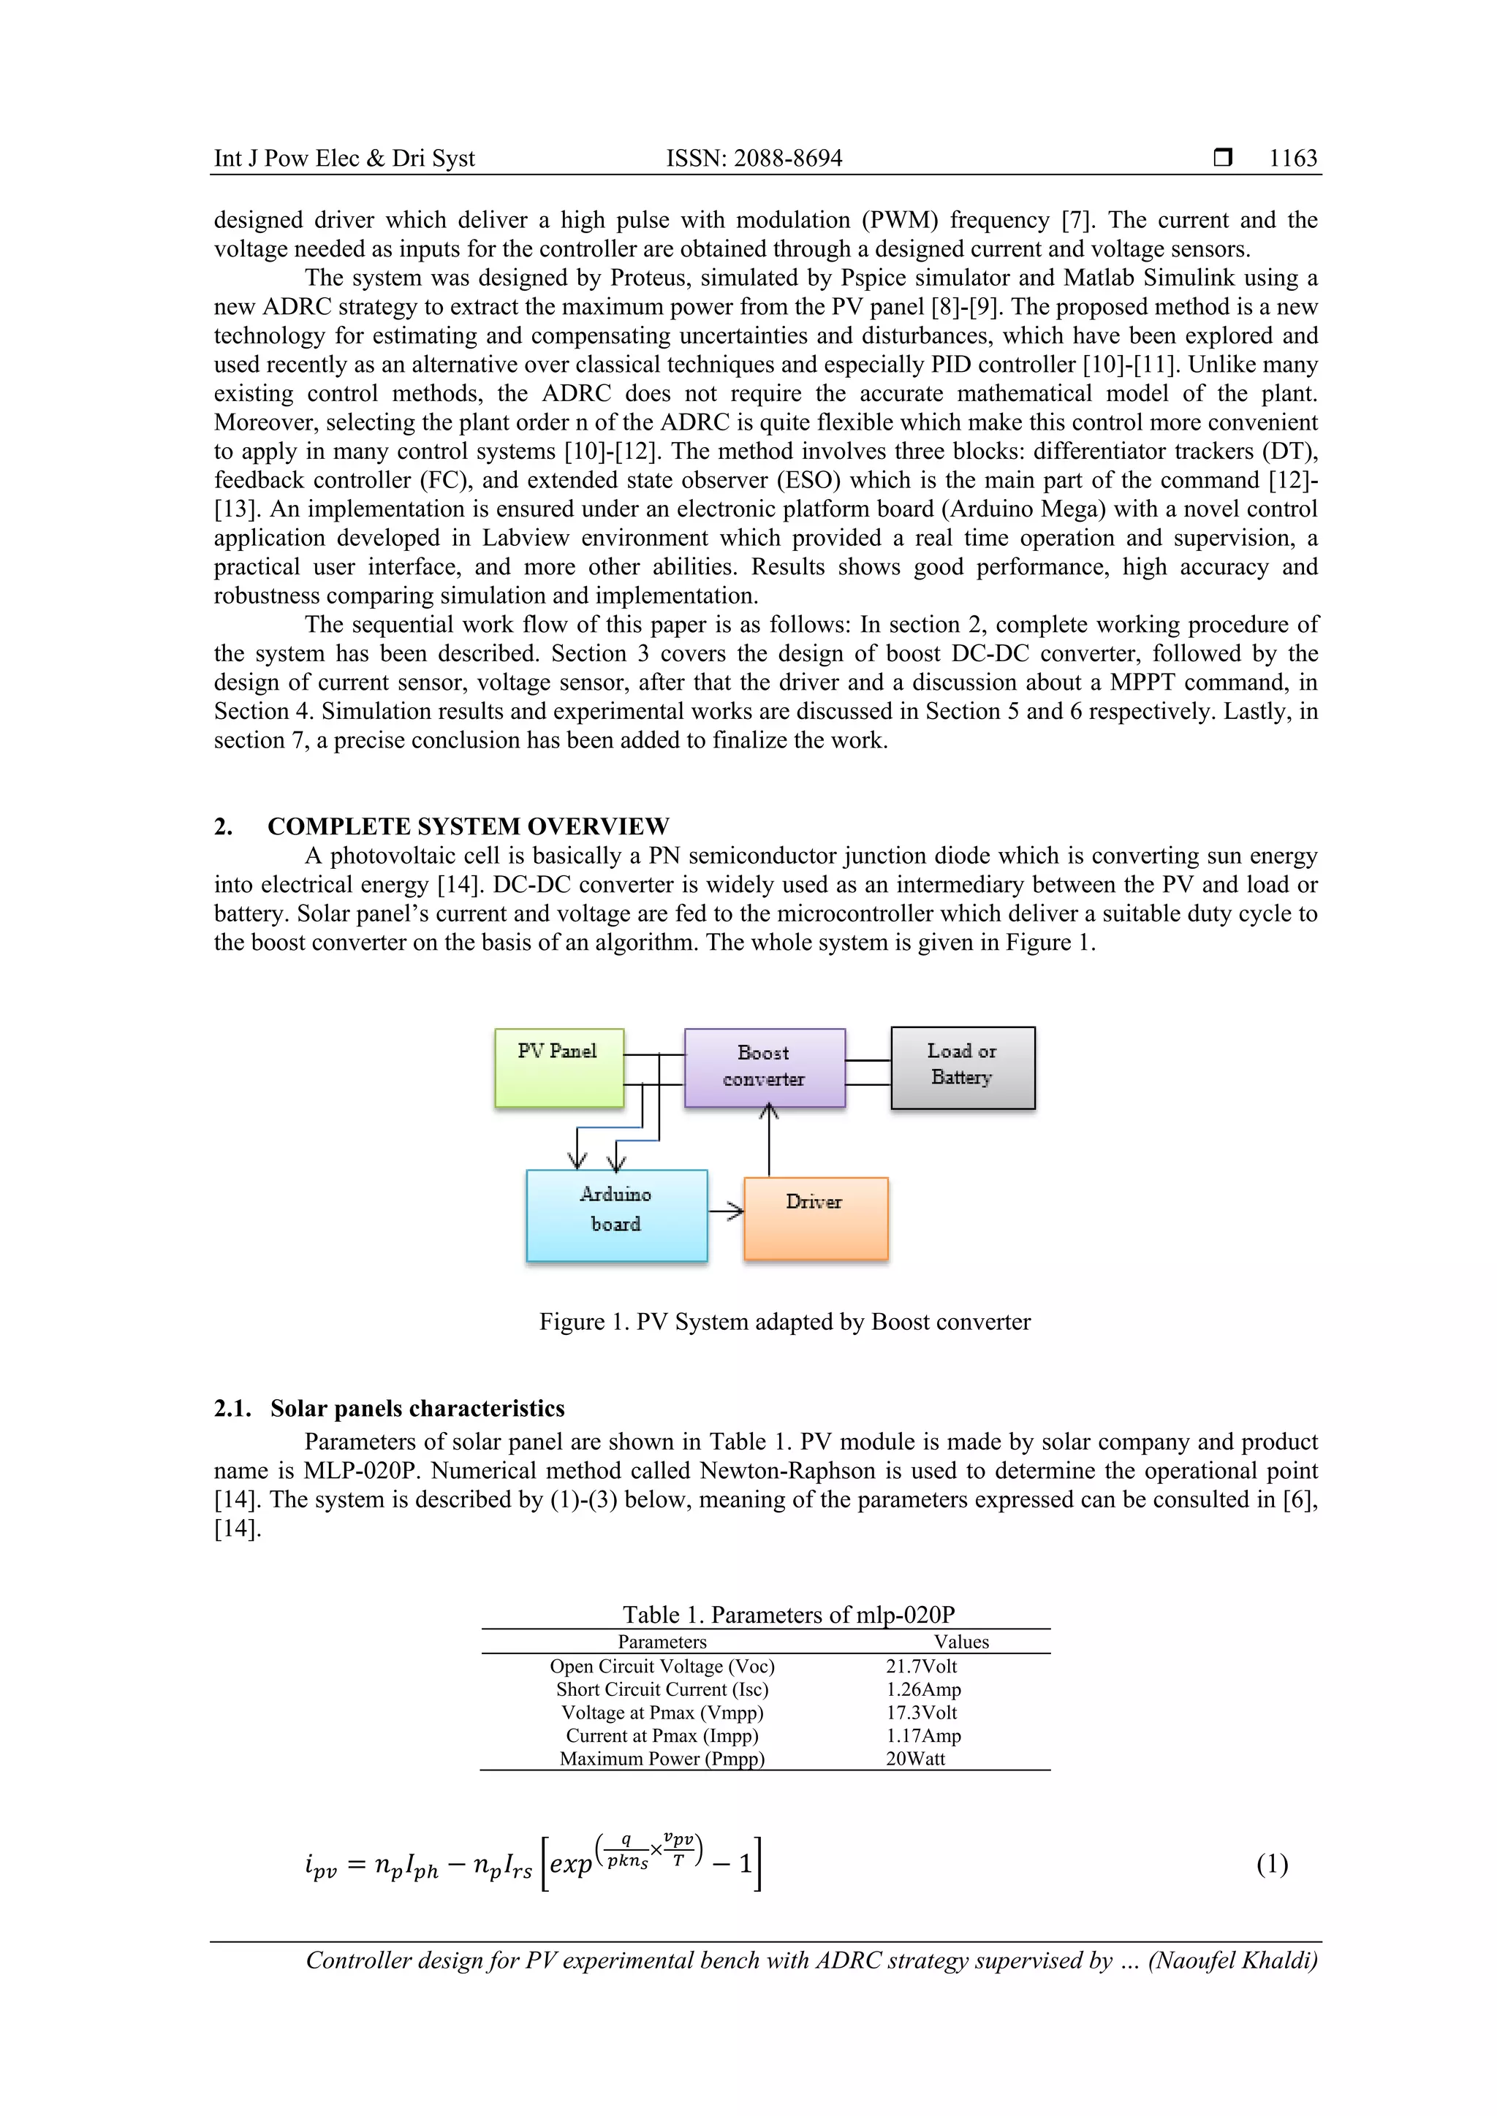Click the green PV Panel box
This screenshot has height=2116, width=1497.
tap(558, 1067)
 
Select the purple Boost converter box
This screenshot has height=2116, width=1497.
tap(764, 1067)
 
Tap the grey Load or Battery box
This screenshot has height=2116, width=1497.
tap(963, 1067)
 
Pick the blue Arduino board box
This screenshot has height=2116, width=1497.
tap(615, 1214)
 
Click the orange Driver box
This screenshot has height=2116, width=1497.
tap(815, 1217)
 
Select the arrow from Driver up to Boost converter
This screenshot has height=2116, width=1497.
tap(769, 1143)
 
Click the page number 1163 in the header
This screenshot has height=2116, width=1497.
tap(1292, 159)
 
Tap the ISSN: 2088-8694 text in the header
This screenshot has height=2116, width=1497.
tap(754, 159)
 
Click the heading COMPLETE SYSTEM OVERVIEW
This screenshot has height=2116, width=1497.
tap(469, 826)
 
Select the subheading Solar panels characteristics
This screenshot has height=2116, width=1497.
tap(417, 1408)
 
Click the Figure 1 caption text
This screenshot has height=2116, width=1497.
tap(784, 1322)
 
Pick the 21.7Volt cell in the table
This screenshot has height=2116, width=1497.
tap(921, 1666)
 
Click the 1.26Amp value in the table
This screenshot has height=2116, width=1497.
tap(922, 1689)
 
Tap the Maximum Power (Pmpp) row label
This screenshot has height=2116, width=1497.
tap(662, 1759)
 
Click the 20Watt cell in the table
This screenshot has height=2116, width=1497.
tap(915, 1759)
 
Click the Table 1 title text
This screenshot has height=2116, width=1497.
tap(788, 1615)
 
